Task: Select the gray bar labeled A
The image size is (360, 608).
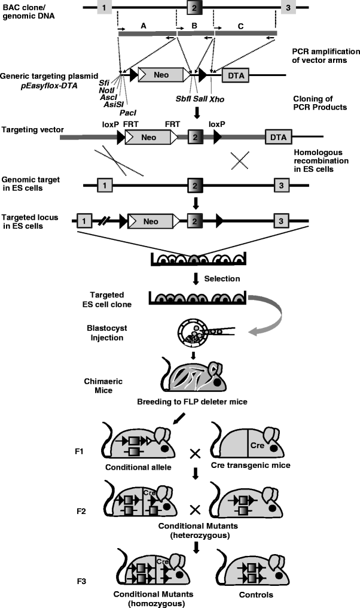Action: click(146, 34)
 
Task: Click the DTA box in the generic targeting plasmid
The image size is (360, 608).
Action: click(236, 75)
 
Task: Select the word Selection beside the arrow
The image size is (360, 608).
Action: click(224, 278)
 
